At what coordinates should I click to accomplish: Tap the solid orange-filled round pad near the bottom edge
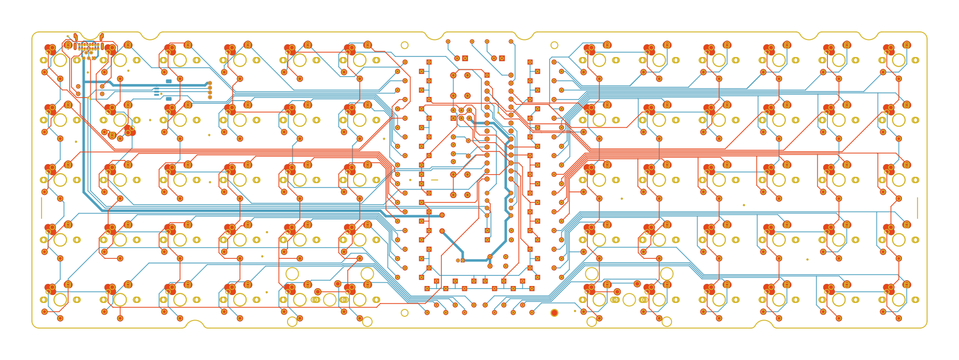[x=554, y=313]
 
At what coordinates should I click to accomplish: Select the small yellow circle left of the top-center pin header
[x=405, y=45]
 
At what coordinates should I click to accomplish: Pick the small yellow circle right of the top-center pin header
[x=554, y=45]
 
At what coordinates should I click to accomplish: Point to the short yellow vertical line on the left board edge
[x=42, y=208]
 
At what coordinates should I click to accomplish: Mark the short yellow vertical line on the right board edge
[x=917, y=208]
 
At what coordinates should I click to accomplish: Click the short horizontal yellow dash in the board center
[x=435, y=180]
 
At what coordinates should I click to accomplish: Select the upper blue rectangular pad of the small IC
[x=169, y=82]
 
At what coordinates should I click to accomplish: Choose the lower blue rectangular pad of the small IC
[x=169, y=99]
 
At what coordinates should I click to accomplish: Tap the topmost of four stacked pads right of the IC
[x=210, y=83]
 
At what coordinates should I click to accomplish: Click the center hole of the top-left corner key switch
[x=60, y=60]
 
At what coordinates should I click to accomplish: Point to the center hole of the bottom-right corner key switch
[x=899, y=300]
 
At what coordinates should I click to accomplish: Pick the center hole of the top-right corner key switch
[x=899, y=60]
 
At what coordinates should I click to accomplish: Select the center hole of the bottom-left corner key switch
[x=60, y=300]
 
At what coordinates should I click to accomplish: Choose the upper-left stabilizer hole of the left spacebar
[x=292, y=274]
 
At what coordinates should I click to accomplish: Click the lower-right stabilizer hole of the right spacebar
[x=667, y=322]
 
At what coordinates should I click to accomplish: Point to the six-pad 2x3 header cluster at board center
[x=461, y=113]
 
